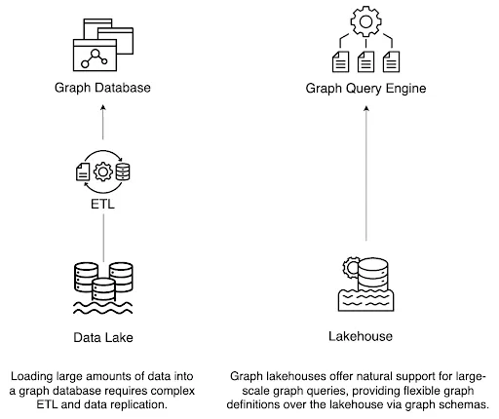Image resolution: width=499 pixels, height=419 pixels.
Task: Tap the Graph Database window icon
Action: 103,45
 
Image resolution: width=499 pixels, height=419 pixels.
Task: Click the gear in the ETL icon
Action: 103,171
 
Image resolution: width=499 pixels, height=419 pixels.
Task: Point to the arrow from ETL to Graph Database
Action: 103,125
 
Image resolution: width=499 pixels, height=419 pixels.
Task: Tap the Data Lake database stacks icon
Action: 103,286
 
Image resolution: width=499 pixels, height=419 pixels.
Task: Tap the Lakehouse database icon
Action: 365,283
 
